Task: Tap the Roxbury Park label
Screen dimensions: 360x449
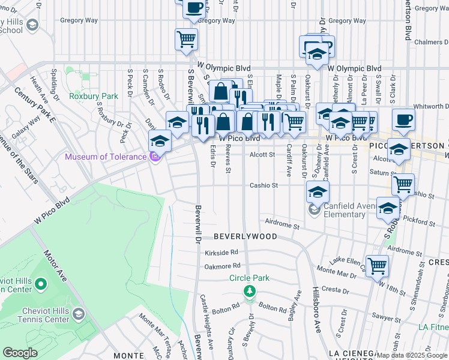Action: point(93,95)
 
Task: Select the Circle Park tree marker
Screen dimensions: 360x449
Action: point(249,291)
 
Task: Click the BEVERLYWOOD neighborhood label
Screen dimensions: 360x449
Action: point(245,236)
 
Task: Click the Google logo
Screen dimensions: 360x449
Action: point(20,353)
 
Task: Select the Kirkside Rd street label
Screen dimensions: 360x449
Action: point(221,252)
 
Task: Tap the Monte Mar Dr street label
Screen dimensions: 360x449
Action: point(339,270)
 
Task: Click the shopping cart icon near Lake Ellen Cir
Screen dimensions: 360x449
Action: point(377,265)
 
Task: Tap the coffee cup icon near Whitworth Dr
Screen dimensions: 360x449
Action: point(404,118)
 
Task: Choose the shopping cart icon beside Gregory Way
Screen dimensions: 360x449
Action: point(186,40)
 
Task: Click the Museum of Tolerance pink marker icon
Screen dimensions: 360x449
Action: point(155,157)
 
